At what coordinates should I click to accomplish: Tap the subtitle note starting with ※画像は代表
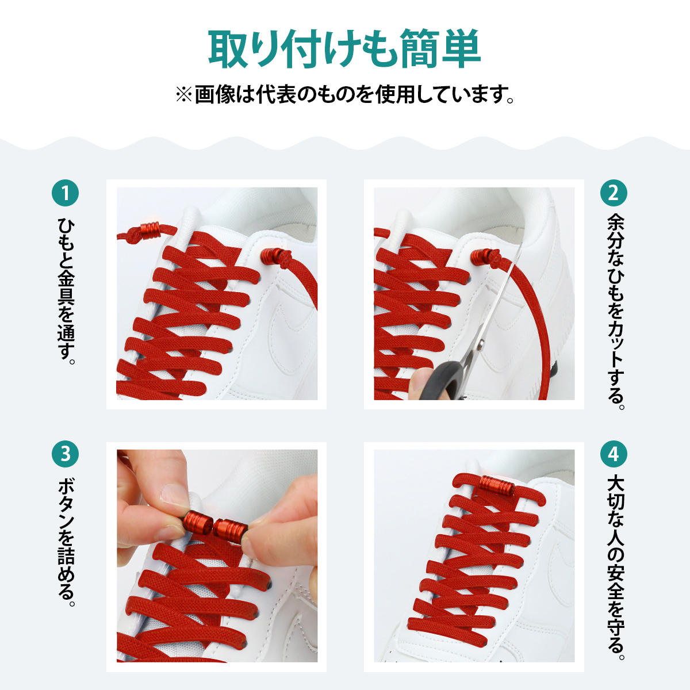tap(345, 95)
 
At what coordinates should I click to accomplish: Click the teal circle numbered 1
tap(65, 193)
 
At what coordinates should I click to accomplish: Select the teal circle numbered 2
tap(614, 193)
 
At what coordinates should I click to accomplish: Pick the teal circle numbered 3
tap(65, 454)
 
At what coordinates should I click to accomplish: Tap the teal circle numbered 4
tap(614, 454)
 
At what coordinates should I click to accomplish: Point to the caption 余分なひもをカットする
tap(615, 312)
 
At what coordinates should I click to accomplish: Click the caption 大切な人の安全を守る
tap(615, 569)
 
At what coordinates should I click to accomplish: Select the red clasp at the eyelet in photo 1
tap(271, 256)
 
